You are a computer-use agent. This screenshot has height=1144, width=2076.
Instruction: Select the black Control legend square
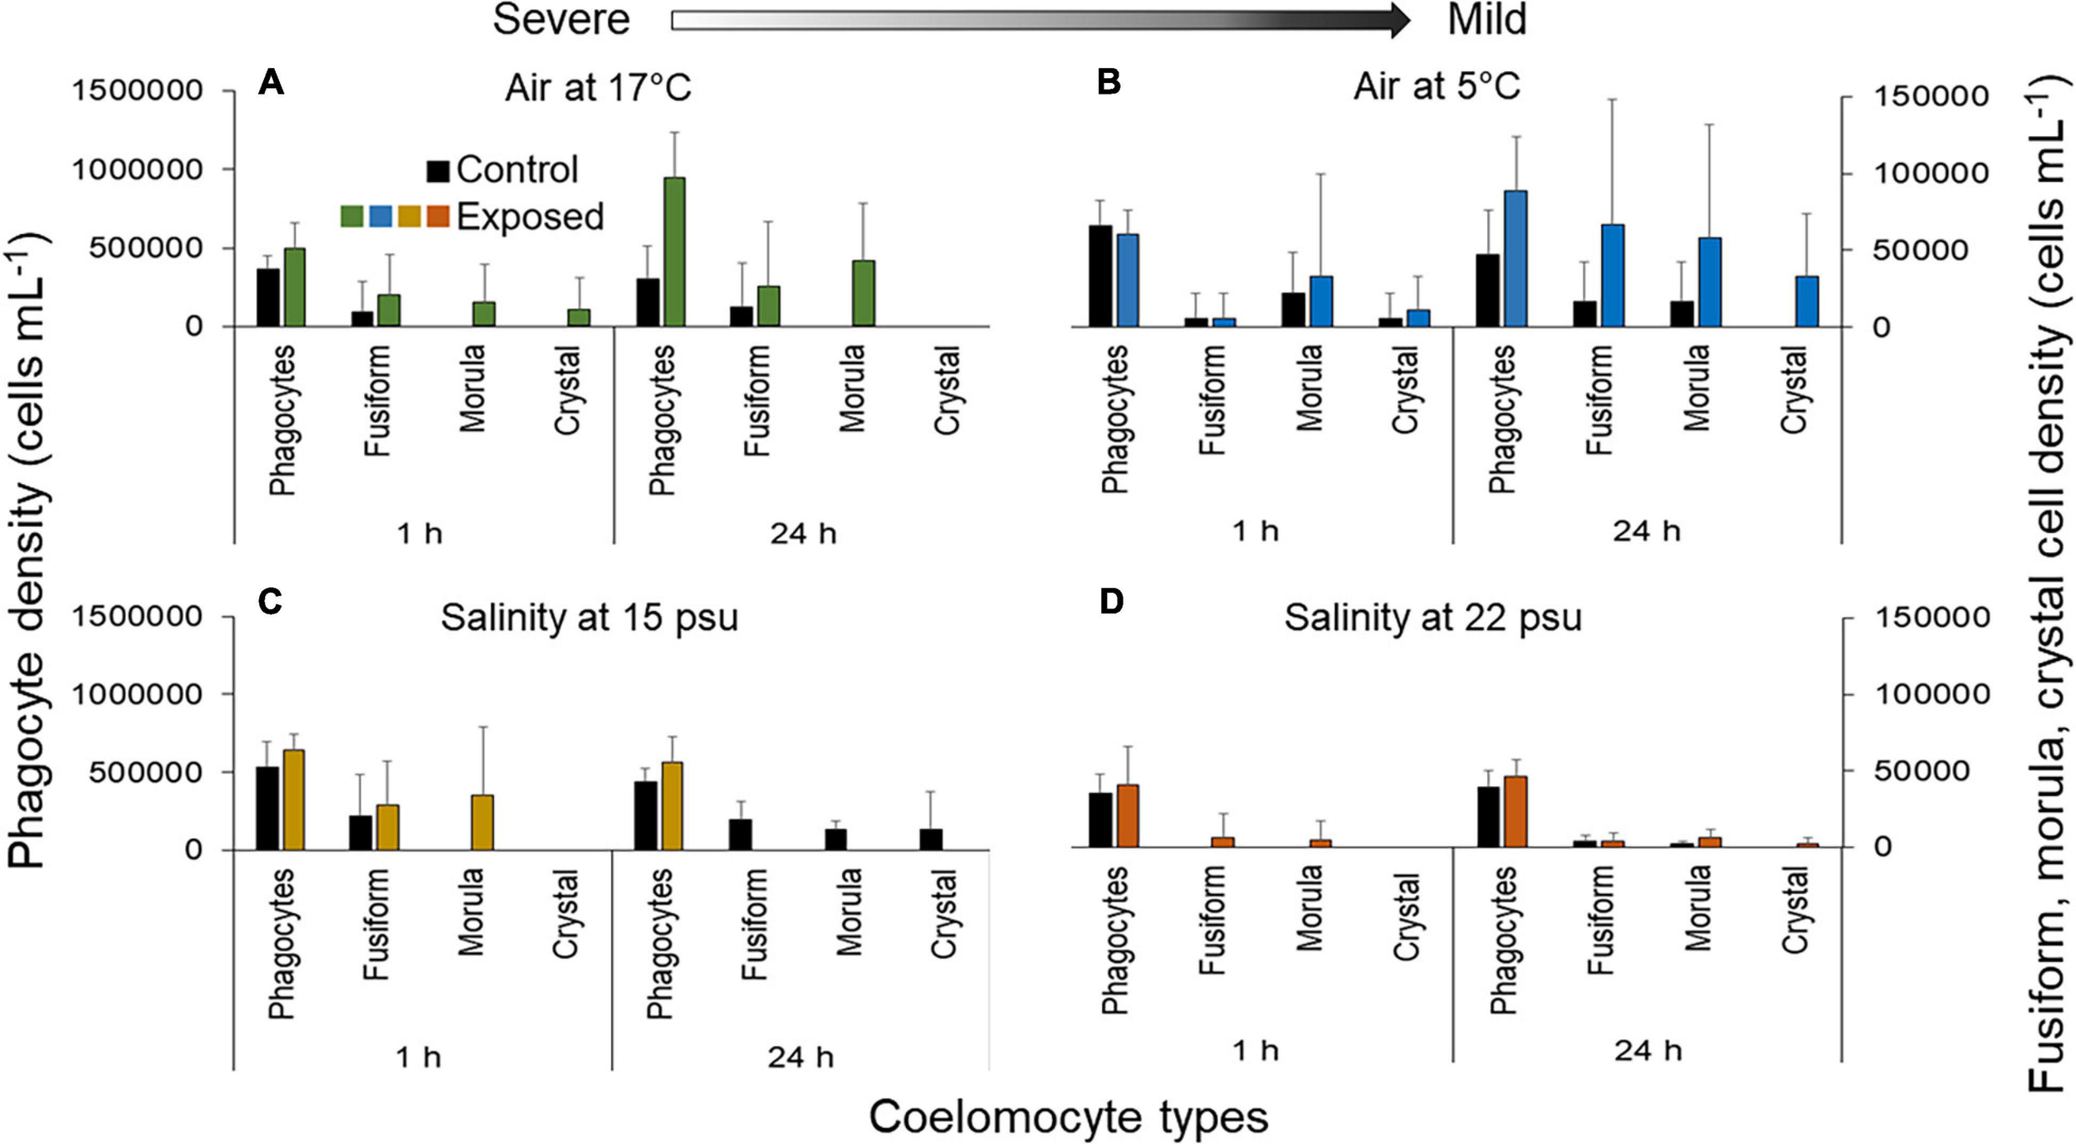438,171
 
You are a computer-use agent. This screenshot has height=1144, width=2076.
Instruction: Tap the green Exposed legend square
352,217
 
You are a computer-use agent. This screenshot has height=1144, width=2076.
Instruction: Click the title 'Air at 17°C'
598,87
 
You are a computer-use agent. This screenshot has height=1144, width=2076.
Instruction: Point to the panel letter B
1109,83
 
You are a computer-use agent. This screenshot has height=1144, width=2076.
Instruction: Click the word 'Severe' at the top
561,20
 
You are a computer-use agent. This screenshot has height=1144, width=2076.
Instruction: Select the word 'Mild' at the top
1486,20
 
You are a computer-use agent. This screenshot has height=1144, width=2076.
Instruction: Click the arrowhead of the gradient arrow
1398,20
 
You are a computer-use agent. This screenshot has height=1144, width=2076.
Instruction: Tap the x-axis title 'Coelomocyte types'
1069,1117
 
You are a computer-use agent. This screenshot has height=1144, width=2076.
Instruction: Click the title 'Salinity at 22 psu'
1432,618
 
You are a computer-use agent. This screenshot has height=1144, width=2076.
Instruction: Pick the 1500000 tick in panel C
137,617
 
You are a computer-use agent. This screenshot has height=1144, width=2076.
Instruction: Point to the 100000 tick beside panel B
1932,174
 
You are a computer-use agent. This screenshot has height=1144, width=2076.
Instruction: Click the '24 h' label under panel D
1648,1051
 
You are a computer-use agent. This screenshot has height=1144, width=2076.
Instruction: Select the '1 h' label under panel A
420,533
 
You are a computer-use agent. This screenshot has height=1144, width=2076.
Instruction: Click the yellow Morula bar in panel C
482,822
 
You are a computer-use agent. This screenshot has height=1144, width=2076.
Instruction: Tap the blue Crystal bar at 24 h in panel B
1807,301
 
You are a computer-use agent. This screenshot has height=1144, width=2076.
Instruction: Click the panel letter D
1111,602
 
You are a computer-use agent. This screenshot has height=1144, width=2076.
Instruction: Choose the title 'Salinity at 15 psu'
589,618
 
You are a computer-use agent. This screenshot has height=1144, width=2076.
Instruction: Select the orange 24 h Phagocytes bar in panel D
1515,811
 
